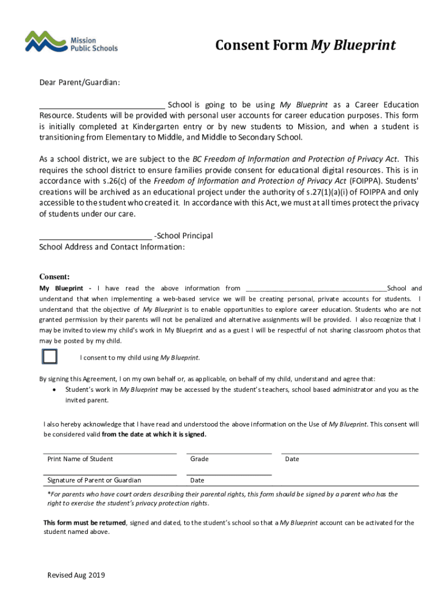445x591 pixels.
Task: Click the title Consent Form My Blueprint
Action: (305, 46)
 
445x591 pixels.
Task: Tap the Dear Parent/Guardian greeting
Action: (79, 83)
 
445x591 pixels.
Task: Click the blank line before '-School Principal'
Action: (95, 237)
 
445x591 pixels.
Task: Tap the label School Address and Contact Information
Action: (112, 247)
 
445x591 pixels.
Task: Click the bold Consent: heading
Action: (54, 276)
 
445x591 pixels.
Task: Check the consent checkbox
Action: (50, 357)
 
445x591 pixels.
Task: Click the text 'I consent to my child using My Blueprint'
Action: (139, 358)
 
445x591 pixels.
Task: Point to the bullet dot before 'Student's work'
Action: (54, 390)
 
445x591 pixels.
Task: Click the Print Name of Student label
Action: (80, 459)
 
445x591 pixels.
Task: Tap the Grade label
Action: (199, 459)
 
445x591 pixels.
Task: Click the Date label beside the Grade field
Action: (292, 459)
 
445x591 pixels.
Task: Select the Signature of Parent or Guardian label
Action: (94, 480)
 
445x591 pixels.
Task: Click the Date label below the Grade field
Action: (197, 480)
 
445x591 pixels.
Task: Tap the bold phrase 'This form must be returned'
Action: (85, 523)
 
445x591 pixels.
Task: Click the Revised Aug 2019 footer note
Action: (76, 575)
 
